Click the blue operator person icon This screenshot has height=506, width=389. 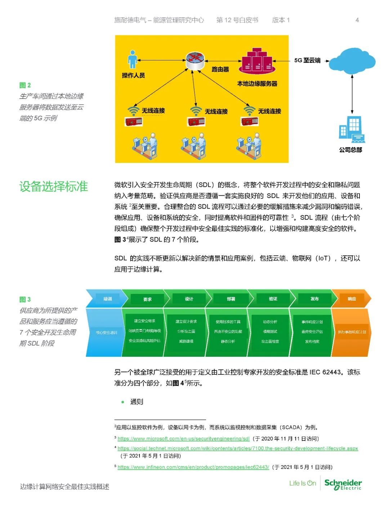click(x=133, y=59)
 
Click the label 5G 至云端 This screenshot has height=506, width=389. click(x=307, y=60)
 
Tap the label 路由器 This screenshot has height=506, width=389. click(x=220, y=69)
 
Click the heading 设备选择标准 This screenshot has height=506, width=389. click(x=54, y=186)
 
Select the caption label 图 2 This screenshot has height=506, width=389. click(x=25, y=85)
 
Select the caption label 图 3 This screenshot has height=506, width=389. click(x=25, y=299)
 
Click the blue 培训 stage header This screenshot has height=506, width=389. click(x=108, y=299)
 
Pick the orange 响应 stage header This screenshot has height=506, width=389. click(x=352, y=299)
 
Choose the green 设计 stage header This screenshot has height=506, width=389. click(x=189, y=299)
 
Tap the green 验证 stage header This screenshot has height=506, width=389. click(x=273, y=299)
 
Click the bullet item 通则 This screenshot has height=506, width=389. click(x=137, y=402)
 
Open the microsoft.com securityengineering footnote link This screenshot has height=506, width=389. click(x=183, y=438)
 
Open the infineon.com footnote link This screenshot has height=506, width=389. click(x=193, y=467)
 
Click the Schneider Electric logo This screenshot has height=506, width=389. click(x=343, y=484)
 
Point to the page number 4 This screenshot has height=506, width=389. click(x=357, y=20)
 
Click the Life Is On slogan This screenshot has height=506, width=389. click(x=303, y=483)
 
